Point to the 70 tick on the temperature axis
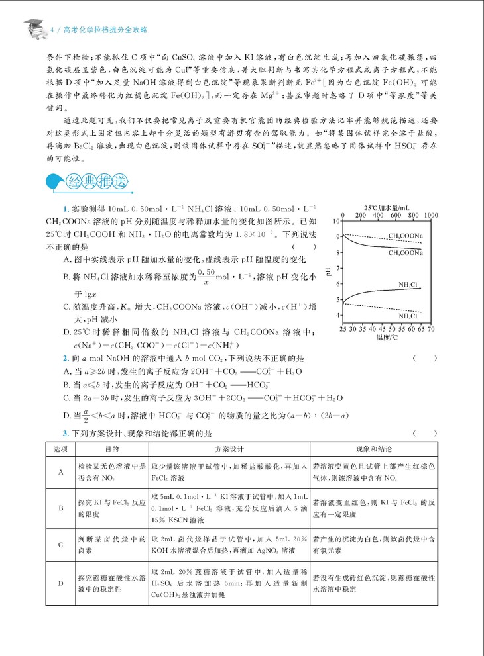click(x=431, y=328)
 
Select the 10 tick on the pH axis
click(x=337, y=221)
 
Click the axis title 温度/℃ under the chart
click(x=387, y=337)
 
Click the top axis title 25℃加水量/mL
click(x=387, y=207)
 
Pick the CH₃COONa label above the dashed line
click(x=406, y=236)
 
